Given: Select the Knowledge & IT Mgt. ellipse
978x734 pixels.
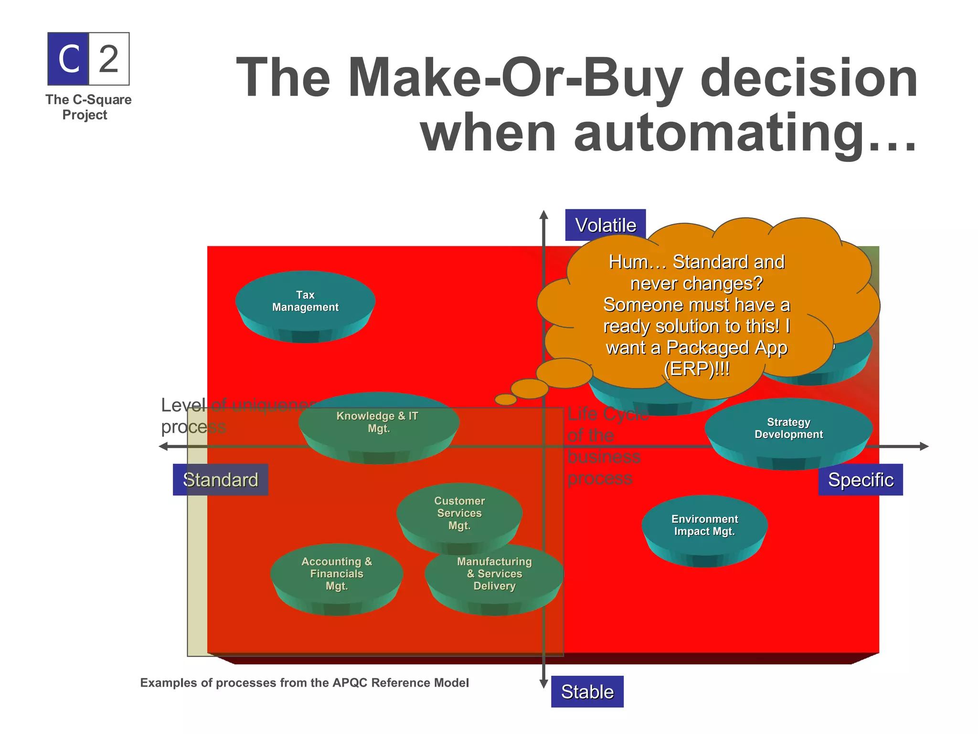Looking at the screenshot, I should pos(379,423).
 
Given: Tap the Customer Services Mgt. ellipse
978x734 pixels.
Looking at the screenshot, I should pos(459,514).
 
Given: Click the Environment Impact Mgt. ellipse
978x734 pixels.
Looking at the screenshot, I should pos(704,526).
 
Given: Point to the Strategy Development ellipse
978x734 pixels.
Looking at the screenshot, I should pos(788,429).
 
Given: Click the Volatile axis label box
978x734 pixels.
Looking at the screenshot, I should pos(605,225).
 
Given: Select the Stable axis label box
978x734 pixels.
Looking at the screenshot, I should pos(587,691).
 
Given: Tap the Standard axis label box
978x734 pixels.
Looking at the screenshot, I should pos(220,479).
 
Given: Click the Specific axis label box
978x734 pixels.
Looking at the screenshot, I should pos(860,479).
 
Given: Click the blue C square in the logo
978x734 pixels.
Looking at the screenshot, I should pos(68,59).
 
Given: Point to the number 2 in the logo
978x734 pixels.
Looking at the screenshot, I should pos(109,59).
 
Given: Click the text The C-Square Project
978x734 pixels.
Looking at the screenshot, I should pos(88,107).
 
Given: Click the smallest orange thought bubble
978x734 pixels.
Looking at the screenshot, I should pos(506,399).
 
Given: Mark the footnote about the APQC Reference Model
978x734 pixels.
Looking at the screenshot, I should pos(304,683).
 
